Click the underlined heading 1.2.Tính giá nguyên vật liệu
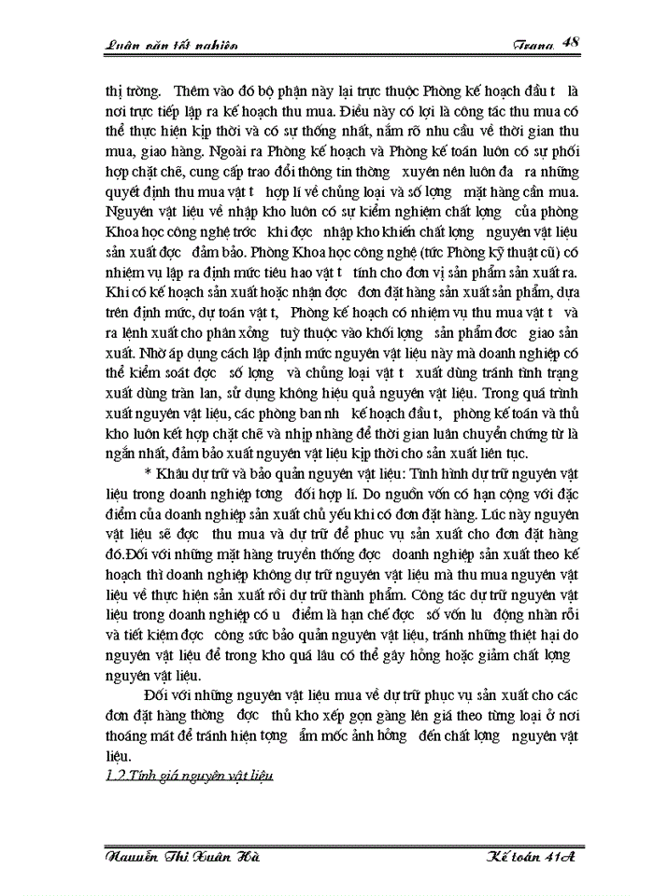[x=186, y=777]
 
